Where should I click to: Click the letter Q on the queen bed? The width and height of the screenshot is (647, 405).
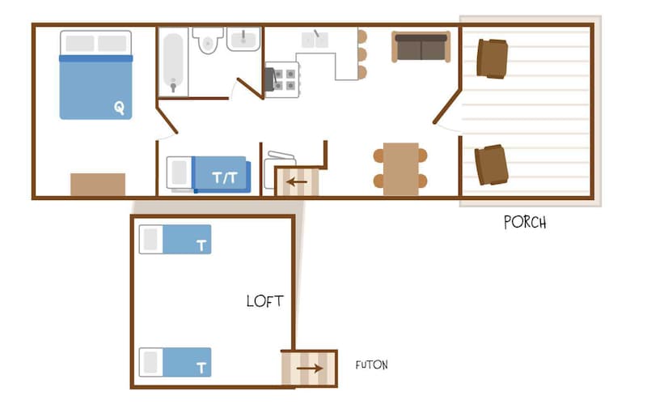click(119, 108)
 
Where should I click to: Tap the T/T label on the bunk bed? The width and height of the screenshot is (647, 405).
click(225, 177)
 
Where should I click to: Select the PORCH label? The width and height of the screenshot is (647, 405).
click(525, 222)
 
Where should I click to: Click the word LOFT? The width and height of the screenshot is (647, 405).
click(265, 301)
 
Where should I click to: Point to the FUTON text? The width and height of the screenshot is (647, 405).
click(372, 365)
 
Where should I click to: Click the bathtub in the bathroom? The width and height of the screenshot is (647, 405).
click(173, 62)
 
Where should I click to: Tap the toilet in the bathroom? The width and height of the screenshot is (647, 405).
click(208, 40)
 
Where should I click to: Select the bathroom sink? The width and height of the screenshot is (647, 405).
click(243, 39)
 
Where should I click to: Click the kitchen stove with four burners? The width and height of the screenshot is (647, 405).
click(282, 79)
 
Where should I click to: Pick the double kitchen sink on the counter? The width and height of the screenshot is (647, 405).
click(315, 40)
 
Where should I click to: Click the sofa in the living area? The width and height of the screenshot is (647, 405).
click(421, 47)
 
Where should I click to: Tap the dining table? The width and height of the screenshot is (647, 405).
click(400, 169)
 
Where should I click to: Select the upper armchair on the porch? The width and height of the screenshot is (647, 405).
click(492, 58)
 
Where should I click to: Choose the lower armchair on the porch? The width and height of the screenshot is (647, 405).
click(491, 165)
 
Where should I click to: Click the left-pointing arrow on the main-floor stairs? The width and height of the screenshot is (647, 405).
click(297, 181)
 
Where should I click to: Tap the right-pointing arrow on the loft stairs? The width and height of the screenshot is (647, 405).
click(310, 369)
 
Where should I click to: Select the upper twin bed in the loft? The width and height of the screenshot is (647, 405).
click(175, 239)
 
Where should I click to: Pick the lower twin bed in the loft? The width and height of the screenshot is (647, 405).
click(175, 362)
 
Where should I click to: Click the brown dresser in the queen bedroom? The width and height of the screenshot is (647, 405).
click(98, 185)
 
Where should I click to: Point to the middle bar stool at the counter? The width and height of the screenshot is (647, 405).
click(362, 54)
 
